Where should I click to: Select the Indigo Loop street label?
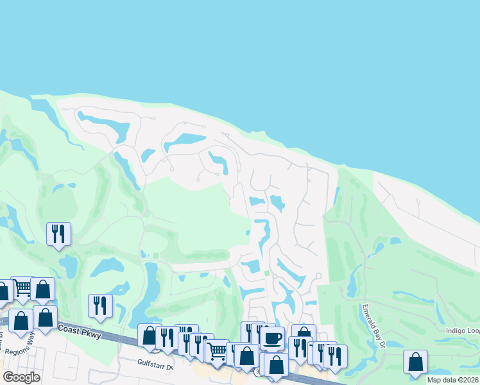coord(462,331)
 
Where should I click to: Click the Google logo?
coord(22,377)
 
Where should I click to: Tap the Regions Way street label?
coord(19,352)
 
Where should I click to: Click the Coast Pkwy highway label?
coord(80,329)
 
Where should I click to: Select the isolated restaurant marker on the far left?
coord(58,233)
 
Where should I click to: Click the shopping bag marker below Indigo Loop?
coord(416,361)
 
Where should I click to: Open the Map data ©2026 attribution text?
coord(452,380)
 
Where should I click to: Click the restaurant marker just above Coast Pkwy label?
coord(100,305)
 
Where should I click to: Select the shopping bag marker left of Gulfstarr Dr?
coord(150,335)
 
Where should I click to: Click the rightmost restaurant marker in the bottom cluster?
coord(334,356)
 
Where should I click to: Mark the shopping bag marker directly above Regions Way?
coord(20,320)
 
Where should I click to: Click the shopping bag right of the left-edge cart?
coord(42,289)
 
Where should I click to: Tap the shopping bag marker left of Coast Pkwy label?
coord(45,317)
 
